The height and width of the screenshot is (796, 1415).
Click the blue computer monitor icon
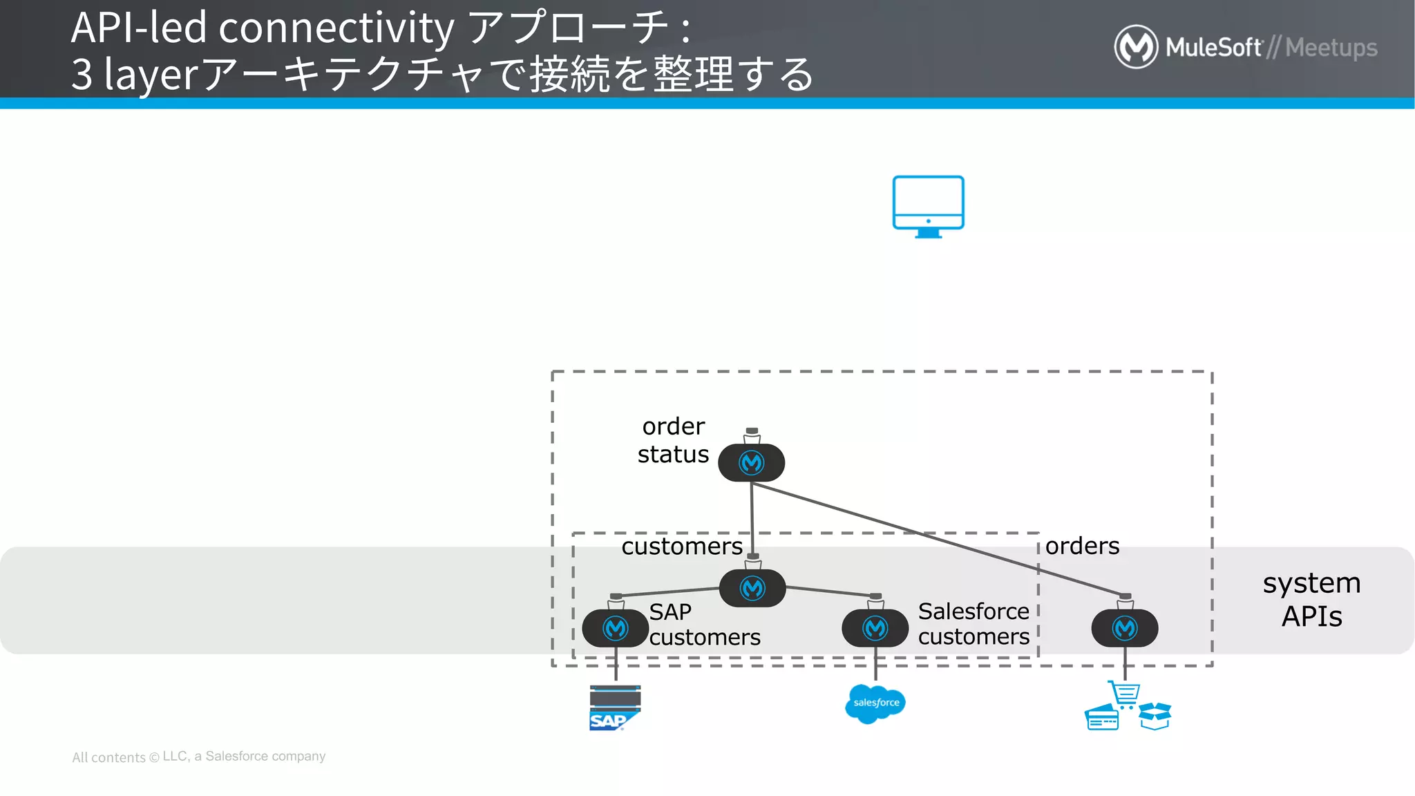tap(928, 205)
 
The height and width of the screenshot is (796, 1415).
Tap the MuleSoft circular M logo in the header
tap(1135, 47)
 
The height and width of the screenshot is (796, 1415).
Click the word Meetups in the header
tap(1331, 48)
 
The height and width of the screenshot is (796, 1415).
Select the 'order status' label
tap(673, 440)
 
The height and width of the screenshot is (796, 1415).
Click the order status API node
tap(751, 462)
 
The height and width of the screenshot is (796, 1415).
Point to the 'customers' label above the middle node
tap(681, 547)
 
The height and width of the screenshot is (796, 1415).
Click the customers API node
tap(752, 588)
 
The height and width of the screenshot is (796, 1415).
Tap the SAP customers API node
tap(615, 628)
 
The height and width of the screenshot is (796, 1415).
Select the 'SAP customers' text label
tap(704, 624)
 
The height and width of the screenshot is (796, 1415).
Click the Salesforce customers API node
tap(875, 628)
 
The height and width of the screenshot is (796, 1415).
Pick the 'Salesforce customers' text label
tap(973, 623)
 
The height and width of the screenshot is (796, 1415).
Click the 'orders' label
tap(1082, 546)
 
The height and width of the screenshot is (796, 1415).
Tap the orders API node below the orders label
tap(1124, 628)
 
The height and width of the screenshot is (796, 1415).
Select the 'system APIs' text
tap(1311, 599)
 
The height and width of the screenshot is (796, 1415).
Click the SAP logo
tap(614, 708)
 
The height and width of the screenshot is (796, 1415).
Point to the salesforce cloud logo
tap(875, 703)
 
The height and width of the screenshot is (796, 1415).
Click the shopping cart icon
tap(1125, 694)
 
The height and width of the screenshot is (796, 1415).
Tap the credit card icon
tap(1101, 718)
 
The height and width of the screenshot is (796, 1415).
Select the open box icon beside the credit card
tap(1155, 716)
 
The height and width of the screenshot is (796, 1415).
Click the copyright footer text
tap(199, 757)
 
